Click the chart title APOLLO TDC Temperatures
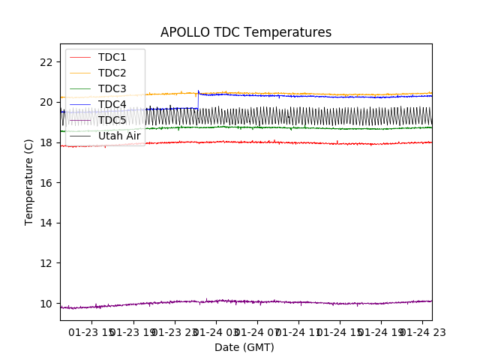[246, 32]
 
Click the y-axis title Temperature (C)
[29, 181]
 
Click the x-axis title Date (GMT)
[244, 347]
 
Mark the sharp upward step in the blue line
[198, 100]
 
